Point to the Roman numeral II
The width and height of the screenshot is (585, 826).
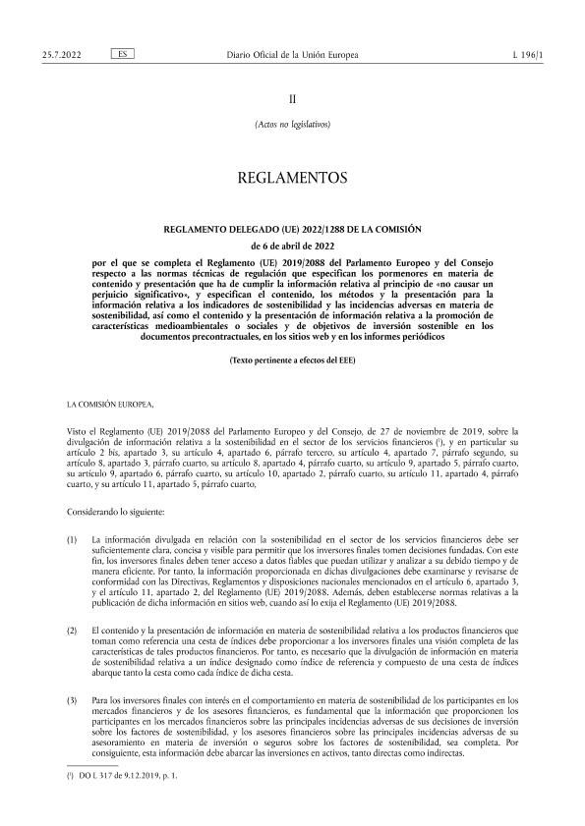[x=291, y=99]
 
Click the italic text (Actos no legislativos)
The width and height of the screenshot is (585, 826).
[x=291, y=126]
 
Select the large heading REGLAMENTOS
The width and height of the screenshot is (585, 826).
[x=291, y=179]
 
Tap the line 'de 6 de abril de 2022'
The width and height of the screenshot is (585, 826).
[x=291, y=245]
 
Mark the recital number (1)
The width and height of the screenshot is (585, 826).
[x=72, y=514]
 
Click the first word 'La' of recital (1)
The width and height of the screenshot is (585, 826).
[x=94, y=514]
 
